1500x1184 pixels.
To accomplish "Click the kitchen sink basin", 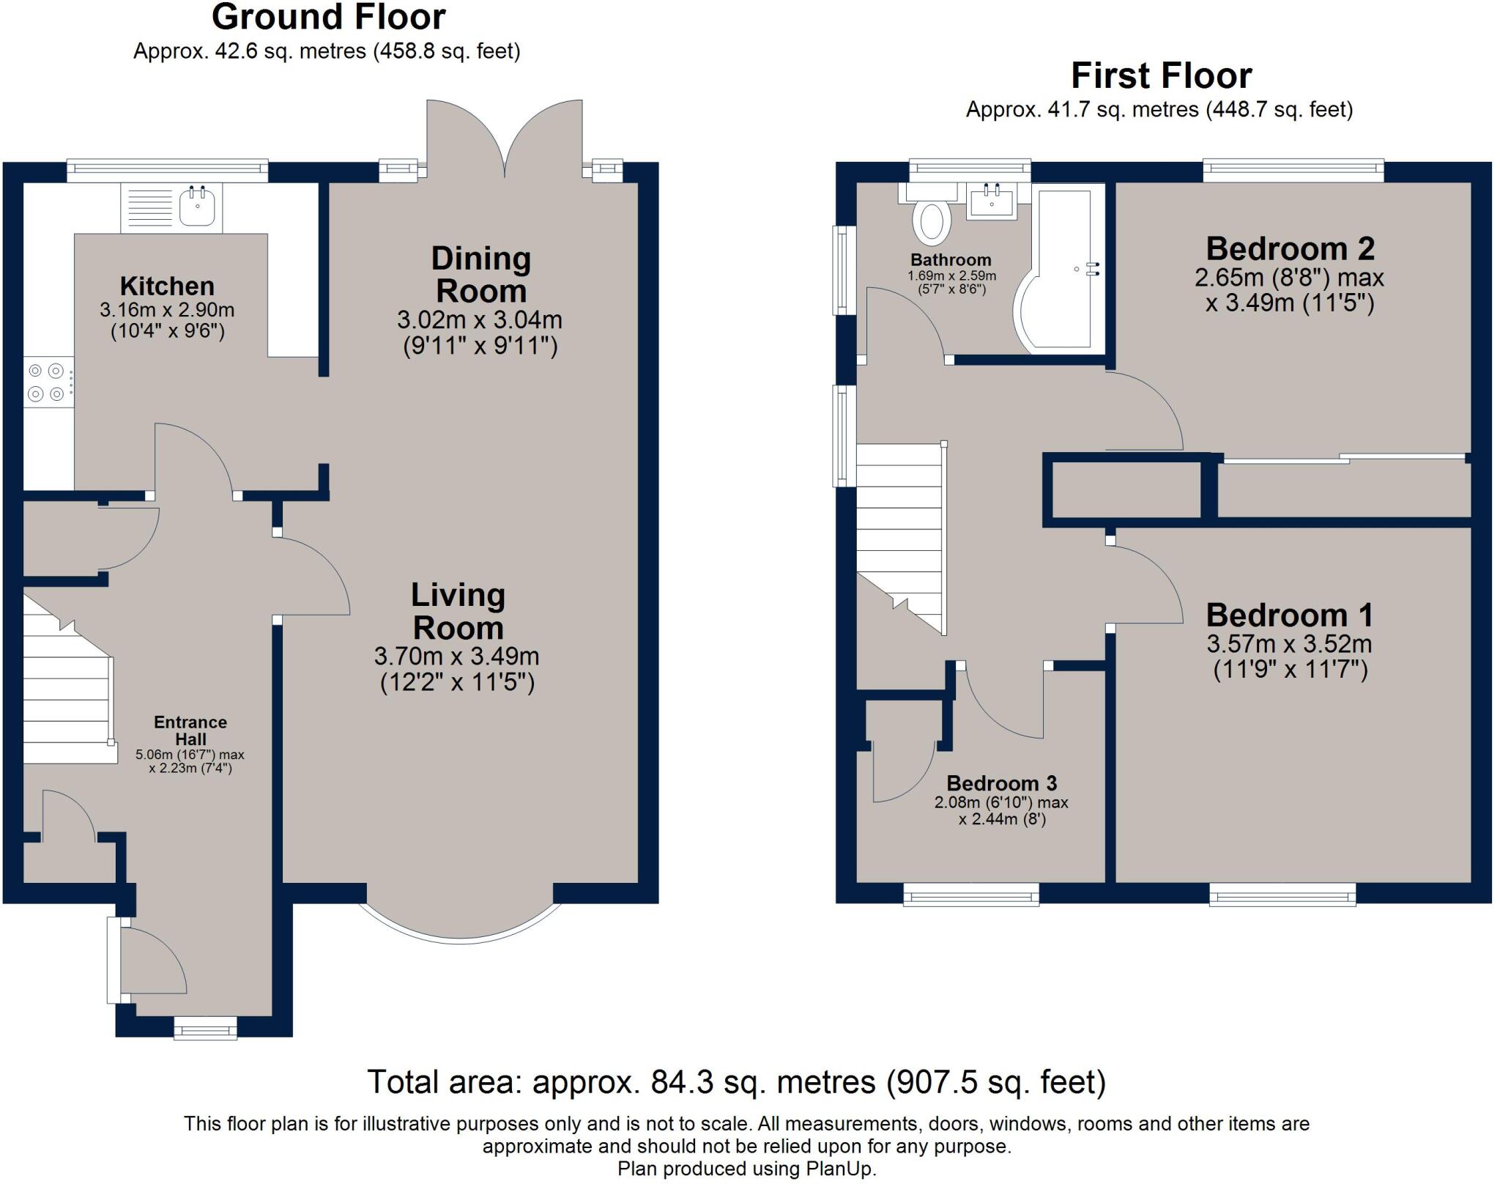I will pos(197,207).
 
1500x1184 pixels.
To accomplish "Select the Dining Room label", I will pos(480,275).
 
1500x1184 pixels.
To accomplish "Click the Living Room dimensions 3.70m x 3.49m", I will pos(457,656).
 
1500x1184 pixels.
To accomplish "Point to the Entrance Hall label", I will pos(190,730).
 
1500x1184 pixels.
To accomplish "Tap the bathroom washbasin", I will pos(992,201).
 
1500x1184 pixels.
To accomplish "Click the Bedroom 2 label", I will pos(1290,248).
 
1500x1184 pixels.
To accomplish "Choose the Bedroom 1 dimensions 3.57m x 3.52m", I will pos(1289,644).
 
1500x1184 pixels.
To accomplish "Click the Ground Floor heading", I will pos(328,18).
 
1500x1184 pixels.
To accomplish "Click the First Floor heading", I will pos(1161,75).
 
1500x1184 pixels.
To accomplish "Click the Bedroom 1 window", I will pos(1282,894).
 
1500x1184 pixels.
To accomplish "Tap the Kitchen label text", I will pos(167,286).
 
